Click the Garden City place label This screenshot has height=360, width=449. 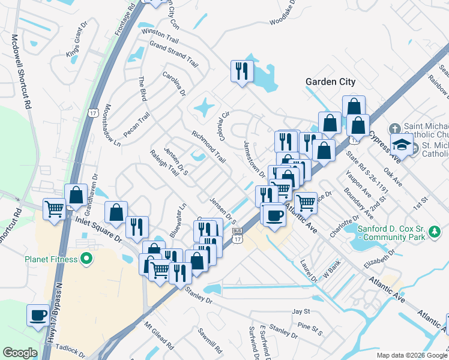(x=330, y=82)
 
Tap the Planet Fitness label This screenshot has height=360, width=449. (x=51, y=259)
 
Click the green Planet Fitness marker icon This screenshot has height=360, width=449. (x=86, y=259)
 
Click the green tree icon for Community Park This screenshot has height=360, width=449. (x=438, y=232)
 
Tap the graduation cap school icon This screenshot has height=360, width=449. (x=402, y=145)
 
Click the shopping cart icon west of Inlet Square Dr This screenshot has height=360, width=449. (x=54, y=209)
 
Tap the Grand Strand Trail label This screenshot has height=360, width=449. (x=173, y=53)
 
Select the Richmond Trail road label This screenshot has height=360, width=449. (x=209, y=148)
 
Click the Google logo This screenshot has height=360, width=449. (x=20, y=353)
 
